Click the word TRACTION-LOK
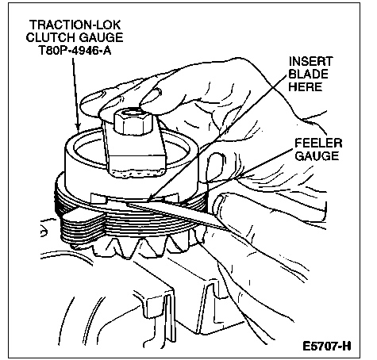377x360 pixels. point(75,25)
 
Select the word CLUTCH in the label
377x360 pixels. point(51,37)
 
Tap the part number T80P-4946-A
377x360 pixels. point(75,50)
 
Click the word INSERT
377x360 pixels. point(310,62)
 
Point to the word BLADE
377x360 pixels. point(309,74)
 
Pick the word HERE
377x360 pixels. point(306,86)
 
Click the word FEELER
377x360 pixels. point(318,144)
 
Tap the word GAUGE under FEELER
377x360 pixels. point(317,155)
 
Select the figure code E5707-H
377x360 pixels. point(327,346)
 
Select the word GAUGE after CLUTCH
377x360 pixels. point(101,37)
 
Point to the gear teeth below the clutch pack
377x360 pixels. point(148,246)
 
